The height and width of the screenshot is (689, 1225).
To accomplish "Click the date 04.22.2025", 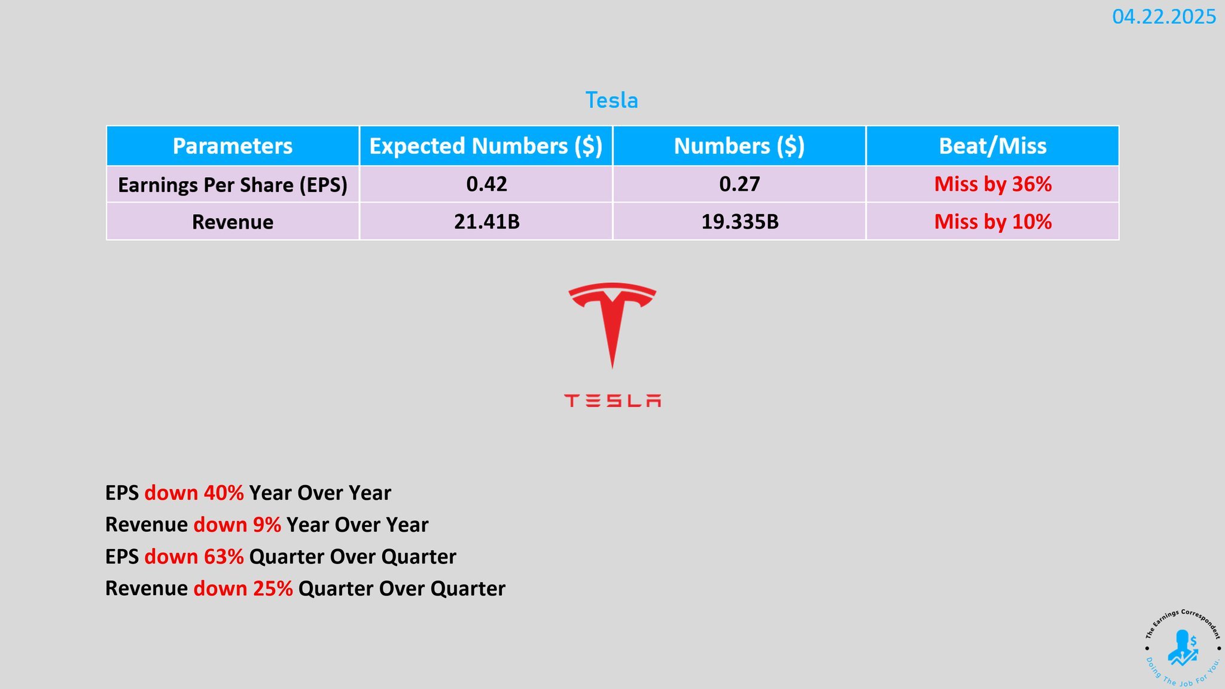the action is click(1164, 17).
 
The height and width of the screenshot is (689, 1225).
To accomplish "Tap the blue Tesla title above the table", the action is click(612, 100).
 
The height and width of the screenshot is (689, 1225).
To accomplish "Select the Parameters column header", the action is click(233, 146).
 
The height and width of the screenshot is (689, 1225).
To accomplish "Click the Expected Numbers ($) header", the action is click(486, 146).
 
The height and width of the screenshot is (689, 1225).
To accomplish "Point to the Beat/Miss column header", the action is click(993, 146).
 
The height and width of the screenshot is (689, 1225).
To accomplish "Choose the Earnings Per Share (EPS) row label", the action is click(233, 185).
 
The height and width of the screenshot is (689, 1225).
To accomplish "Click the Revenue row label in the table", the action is click(233, 222).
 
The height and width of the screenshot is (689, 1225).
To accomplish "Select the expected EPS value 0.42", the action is click(487, 184).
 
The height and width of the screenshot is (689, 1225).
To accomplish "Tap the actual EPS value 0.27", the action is click(740, 184).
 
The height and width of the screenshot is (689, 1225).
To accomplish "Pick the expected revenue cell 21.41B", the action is click(487, 222).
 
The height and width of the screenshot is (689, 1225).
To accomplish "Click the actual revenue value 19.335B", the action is click(740, 222).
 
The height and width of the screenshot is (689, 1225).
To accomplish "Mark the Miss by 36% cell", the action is click(993, 184).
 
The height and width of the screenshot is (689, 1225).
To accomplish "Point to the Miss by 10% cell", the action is click(993, 222).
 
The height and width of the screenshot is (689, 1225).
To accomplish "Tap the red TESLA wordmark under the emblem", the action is click(612, 401).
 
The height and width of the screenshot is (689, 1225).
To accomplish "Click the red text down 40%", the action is click(194, 493).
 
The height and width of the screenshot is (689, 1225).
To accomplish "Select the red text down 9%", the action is click(237, 525).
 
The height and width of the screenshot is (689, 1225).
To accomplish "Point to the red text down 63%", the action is click(194, 557).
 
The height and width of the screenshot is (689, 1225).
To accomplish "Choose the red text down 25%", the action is click(243, 589).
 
